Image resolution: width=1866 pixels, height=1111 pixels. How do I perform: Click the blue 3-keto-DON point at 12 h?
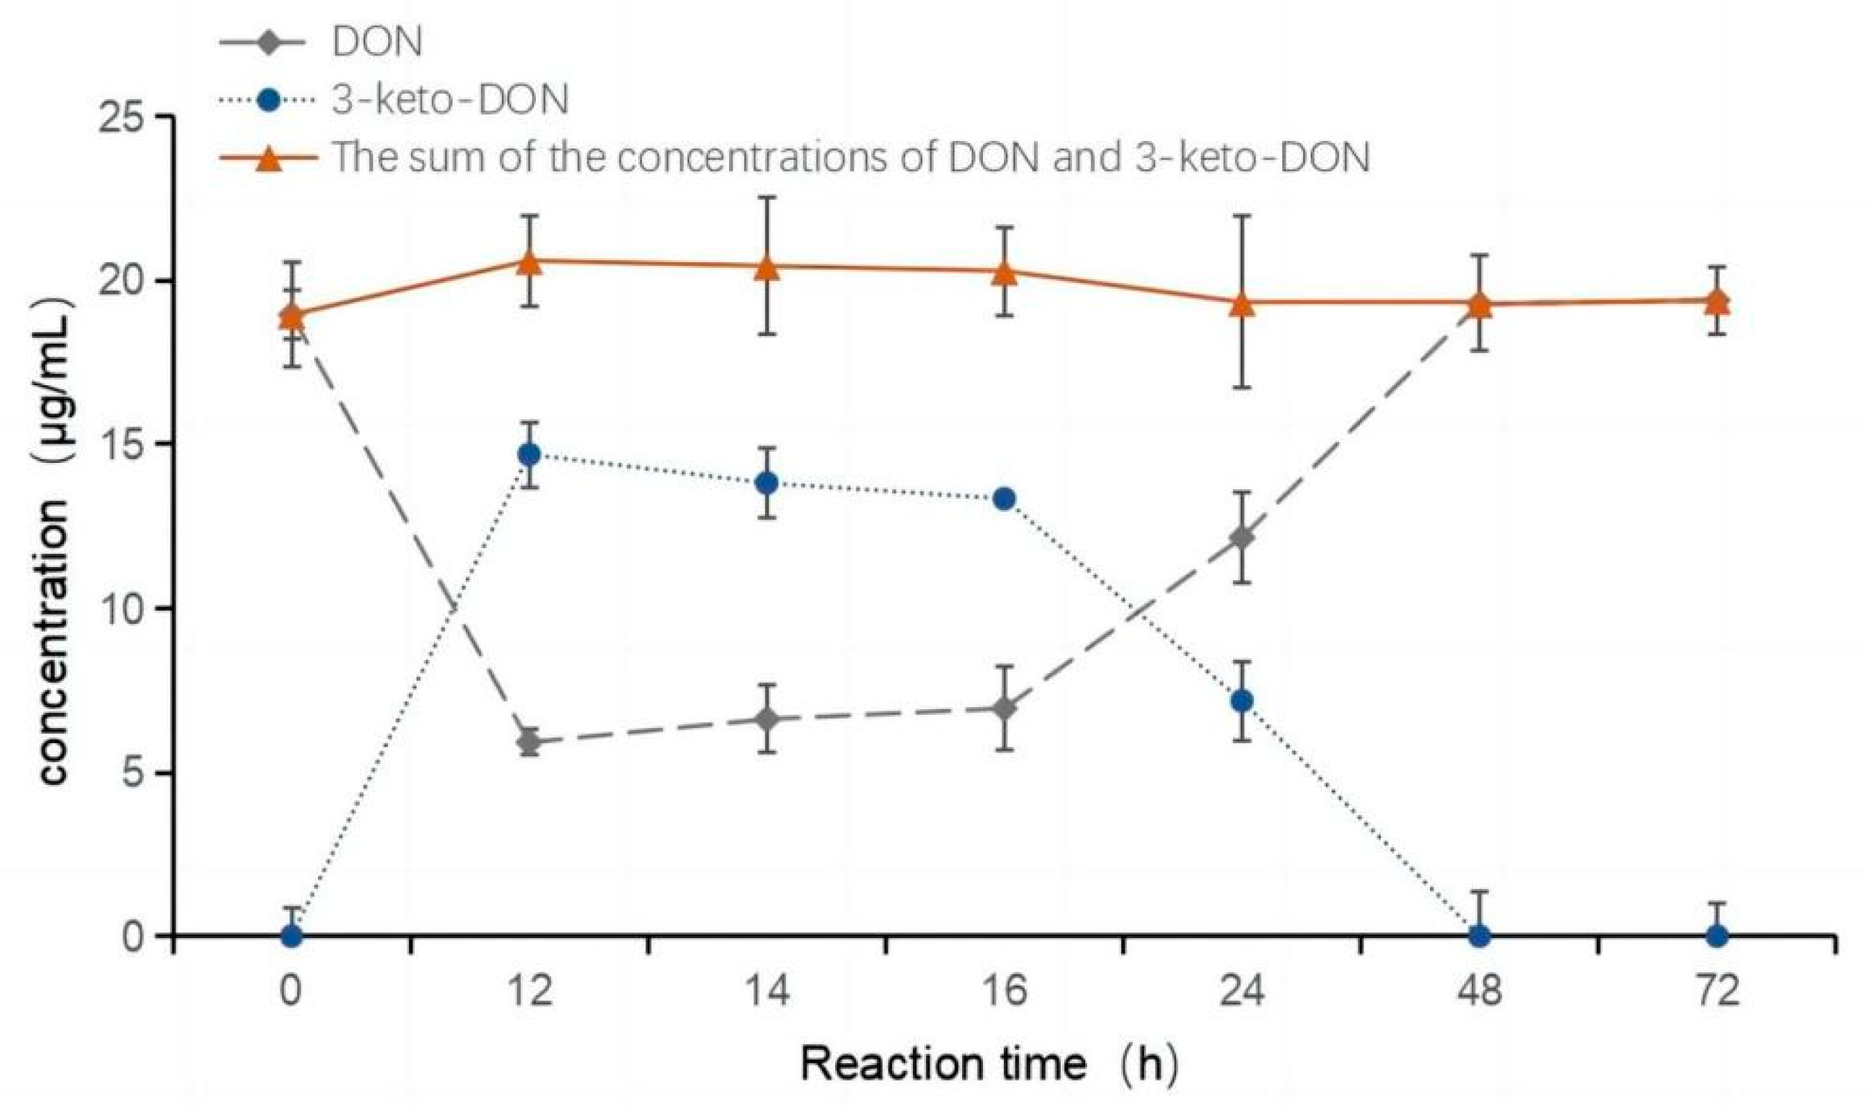tap(530, 454)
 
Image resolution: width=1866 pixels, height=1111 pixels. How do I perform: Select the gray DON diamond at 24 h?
tap(1242, 538)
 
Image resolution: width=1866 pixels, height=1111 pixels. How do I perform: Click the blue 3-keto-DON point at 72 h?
tap(1717, 936)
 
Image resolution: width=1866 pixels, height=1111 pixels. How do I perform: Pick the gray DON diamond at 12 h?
tap(530, 742)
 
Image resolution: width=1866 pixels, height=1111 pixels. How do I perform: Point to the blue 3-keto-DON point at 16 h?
tap(1004, 499)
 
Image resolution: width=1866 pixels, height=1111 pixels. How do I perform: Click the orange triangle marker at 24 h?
tap(1242, 303)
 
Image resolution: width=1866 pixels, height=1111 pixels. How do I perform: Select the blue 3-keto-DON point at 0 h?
tap(292, 936)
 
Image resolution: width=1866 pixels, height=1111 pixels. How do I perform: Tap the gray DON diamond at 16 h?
tap(1004, 708)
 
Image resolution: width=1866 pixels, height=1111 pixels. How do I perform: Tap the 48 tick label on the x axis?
tap(1479, 992)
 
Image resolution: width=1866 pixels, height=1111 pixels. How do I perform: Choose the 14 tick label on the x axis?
tap(768, 992)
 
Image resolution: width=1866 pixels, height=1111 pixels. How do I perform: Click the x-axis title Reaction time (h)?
tap(989, 1064)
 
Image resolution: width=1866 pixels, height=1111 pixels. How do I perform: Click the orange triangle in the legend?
tap(269, 159)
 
